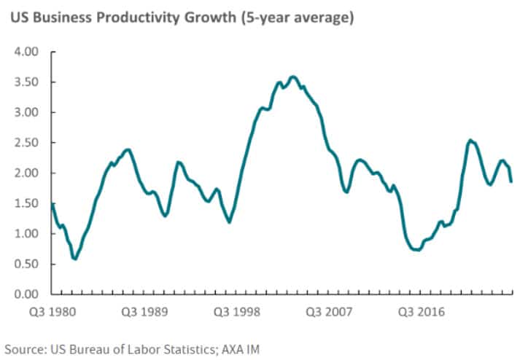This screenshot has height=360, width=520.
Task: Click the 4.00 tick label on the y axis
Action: click(x=26, y=52)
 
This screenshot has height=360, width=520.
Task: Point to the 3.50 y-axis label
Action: click(x=26, y=82)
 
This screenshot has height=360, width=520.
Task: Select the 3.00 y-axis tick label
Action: click(x=26, y=113)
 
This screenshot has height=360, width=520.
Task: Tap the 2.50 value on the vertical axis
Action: click(x=26, y=143)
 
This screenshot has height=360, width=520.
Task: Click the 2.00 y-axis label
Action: click(x=26, y=173)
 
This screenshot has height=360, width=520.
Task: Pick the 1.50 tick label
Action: click(x=26, y=203)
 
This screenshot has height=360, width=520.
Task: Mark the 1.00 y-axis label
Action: click(x=26, y=234)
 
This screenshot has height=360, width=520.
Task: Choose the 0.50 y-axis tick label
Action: click(x=26, y=264)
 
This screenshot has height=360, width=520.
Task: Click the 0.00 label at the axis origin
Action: click(x=26, y=294)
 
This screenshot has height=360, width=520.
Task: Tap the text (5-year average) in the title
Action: click(x=294, y=17)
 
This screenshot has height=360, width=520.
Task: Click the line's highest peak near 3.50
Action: click(x=293, y=76)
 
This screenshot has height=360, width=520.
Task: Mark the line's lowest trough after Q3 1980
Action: click(x=74, y=259)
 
